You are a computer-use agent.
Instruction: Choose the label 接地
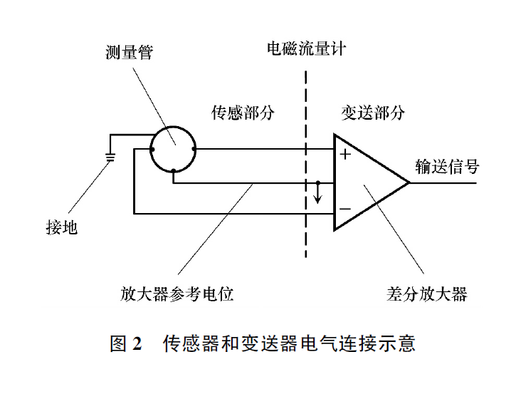point(61,228)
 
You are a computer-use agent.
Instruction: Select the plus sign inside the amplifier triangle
point(345,154)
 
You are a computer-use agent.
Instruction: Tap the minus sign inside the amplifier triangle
point(345,209)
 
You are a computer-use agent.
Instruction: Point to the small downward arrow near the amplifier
point(318,192)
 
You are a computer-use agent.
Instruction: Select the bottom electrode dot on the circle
point(173,171)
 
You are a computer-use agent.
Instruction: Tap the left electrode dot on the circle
point(152,149)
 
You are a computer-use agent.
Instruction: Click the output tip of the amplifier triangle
point(409,182)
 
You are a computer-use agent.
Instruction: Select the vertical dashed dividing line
point(306,164)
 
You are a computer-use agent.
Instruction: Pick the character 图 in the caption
point(118,344)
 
